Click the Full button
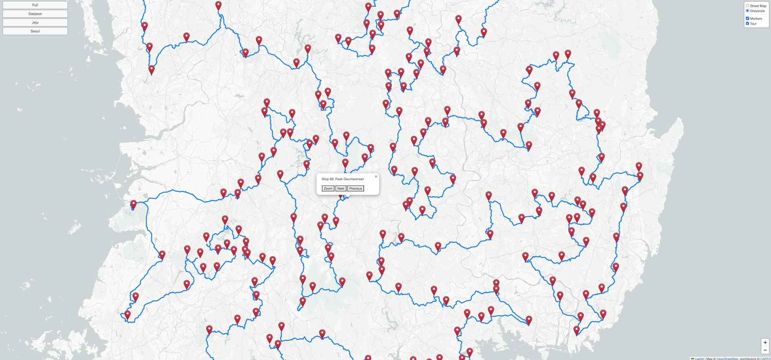click(35, 5)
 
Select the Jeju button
click(35, 22)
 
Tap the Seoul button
click(35, 31)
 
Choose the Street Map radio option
click(747, 6)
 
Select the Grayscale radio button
click(747, 11)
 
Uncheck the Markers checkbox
click(747, 18)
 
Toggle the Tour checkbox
click(747, 24)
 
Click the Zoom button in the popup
click(328, 189)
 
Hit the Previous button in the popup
click(355, 189)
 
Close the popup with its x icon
click(376, 177)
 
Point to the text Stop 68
click(327, 179)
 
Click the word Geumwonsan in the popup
click(353, 179)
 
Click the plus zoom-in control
click(765, 343)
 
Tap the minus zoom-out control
click(765, 350)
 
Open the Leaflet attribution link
click(699, 358)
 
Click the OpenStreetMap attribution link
click(727, 358)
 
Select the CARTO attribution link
click(765, 358)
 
